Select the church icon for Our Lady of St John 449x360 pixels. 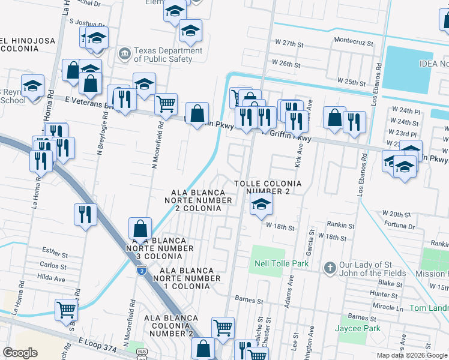(330, 267)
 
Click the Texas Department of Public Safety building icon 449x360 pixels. (125, 55)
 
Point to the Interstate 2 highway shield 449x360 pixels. (141, 271)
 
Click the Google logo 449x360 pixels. (20, 353)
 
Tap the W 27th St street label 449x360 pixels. (290, 44)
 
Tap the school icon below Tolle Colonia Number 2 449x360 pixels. (262, 205)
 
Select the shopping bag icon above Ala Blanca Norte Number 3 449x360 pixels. (139, 229)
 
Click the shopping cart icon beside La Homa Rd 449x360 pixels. (66, 310)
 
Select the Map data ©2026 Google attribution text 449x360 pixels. (412, 355)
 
